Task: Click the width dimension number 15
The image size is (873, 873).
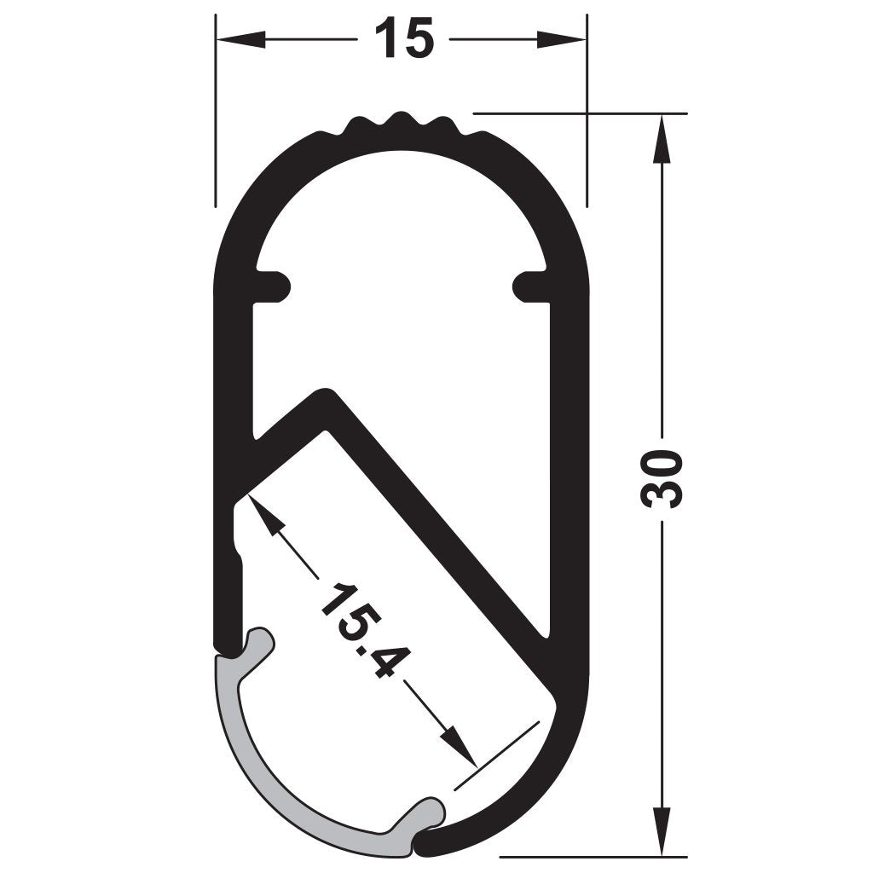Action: (x=401, y=39)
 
